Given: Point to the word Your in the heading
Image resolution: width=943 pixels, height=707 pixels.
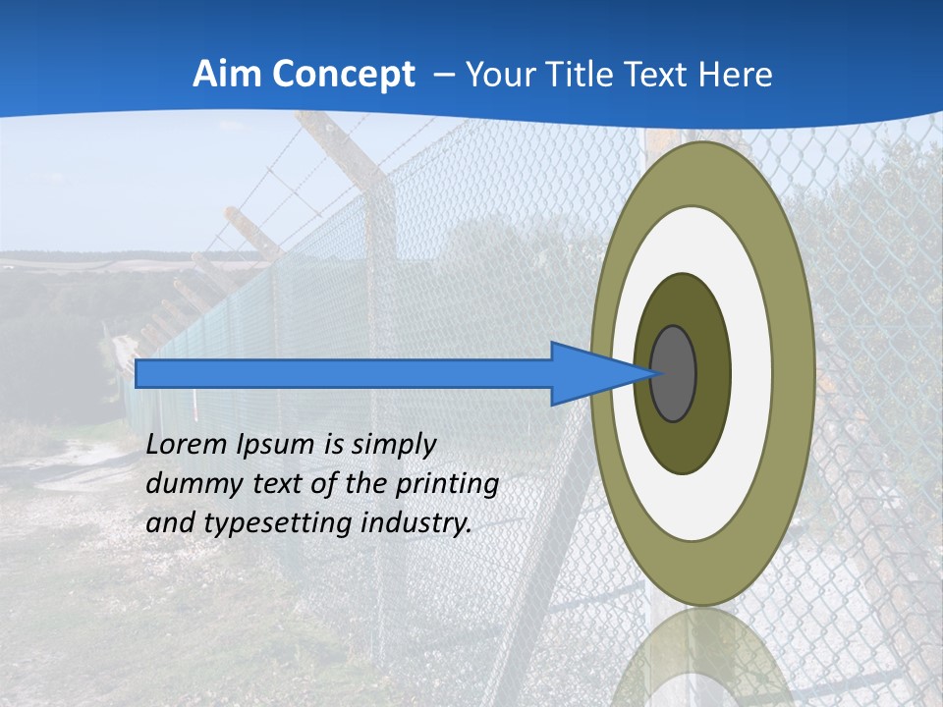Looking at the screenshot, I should point(496,74).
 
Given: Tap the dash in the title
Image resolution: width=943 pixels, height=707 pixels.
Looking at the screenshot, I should point(443,75).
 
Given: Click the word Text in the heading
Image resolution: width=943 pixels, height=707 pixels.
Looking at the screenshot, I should point(648,74).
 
